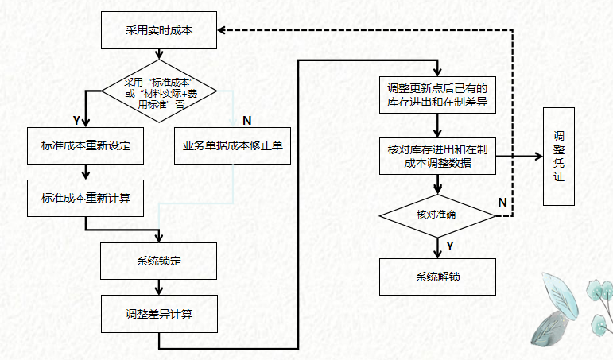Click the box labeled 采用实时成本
pos(158,30)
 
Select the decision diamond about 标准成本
pos(159,91)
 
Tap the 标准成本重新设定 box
pos(85,146)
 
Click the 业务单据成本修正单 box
pos(232,146)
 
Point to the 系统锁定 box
pos(159,261)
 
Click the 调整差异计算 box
pos(159,313)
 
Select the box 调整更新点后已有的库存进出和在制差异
pos(436,95)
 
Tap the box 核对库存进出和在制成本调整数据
pos(436,157)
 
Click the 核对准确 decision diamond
pos(436,215)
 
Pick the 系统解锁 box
pos(436,277)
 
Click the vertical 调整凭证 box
pos(559,156)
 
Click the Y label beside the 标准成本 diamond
pos(76,120)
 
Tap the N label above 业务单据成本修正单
pos(246,120)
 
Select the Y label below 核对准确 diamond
pos(450,246)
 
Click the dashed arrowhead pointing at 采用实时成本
pos(223,30)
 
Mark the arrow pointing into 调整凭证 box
pos(535,157)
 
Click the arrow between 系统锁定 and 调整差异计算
pos(159,288)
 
